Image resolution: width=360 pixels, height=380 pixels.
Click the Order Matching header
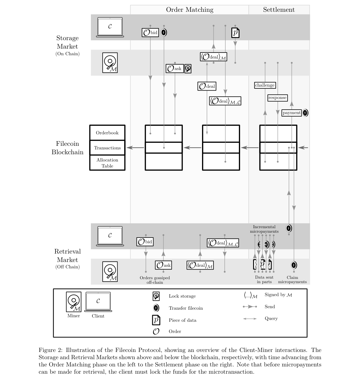(190, 10)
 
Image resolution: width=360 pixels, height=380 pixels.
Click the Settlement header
(279, 10)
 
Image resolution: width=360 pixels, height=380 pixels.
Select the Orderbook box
(107, 133)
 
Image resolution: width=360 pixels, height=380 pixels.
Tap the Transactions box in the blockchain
(107, 148)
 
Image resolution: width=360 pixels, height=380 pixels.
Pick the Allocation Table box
(107, 163)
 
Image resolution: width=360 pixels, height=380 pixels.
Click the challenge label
(265, 85)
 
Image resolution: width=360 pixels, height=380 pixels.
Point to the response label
(277, 98)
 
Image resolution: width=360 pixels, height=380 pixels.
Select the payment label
(291, 113)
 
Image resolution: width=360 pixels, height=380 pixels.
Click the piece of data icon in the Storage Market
(235, 33)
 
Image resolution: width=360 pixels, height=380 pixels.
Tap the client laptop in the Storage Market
(110, 27)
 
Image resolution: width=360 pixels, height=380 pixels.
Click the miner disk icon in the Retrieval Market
(110, 272)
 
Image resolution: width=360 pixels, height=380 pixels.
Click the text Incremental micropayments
(264, 229)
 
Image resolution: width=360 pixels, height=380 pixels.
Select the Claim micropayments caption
(292, 279)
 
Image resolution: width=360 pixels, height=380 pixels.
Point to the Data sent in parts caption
(264, 279)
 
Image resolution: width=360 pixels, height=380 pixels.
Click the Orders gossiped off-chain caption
(155, 280)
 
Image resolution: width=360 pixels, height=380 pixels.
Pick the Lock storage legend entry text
(182, 296)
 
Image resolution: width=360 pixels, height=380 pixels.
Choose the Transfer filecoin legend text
(186, 308)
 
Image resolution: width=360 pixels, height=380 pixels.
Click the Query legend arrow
(250, 319)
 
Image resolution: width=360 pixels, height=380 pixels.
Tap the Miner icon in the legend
(74, 302)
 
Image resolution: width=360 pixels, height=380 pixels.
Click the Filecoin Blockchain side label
(67, 148)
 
